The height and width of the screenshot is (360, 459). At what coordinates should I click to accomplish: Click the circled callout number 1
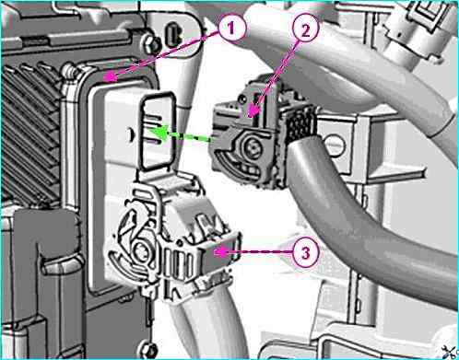click(x=231, y=28)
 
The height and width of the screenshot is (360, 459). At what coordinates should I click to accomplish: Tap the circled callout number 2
click(x=305, y=30)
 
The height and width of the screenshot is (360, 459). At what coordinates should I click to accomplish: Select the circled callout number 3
click(x=305, y=253)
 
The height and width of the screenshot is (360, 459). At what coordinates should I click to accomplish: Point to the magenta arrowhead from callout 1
click(x=110, y=77)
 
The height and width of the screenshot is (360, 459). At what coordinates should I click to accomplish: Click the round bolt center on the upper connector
click(x=253, y=147)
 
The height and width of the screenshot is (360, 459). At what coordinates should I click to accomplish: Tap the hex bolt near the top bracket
click(x=151, y=44)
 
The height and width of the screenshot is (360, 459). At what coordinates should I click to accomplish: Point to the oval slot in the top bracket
click(x=173, y=34)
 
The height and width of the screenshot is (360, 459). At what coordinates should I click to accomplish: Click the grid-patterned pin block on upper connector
click(x=300, y=124)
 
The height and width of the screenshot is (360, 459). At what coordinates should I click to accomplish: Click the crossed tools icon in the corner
click(x=451, y=352)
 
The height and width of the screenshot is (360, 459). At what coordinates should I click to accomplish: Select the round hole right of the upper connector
click(x=335, y=145)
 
